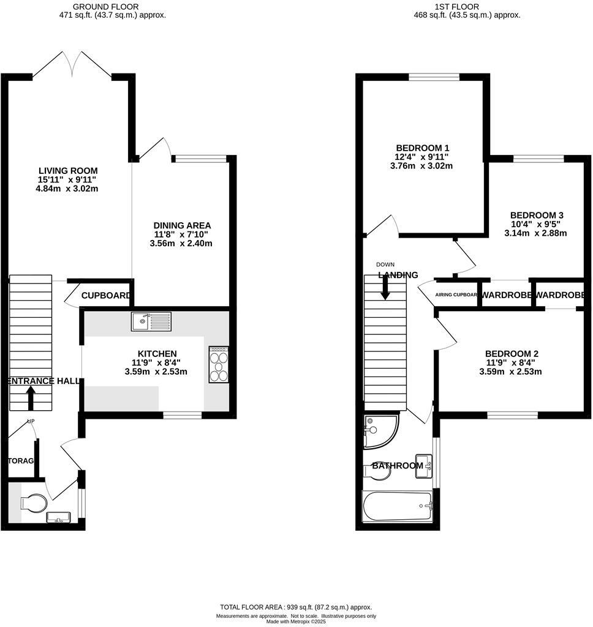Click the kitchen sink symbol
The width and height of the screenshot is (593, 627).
(x=151, y=321)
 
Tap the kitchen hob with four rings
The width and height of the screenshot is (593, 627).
(x=219, y=365)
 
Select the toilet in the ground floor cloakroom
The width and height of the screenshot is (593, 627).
(x=33, y=503)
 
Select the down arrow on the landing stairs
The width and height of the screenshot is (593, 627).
(x=385, y=288)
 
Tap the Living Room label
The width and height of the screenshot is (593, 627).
(x=68, y=171)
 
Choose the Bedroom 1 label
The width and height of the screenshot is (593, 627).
(x=423, y=148)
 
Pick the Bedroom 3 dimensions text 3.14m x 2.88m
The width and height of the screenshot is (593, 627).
(x=535, y=233)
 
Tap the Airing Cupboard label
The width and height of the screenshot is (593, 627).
(x=456, y=295)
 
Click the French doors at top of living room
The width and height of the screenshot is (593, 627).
(x=72, y=64)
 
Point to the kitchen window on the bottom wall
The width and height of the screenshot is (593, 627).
(x=182, y=416)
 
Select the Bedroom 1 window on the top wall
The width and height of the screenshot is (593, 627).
(x=434, y=77)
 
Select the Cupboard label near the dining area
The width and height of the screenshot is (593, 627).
(x=106, y=296)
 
